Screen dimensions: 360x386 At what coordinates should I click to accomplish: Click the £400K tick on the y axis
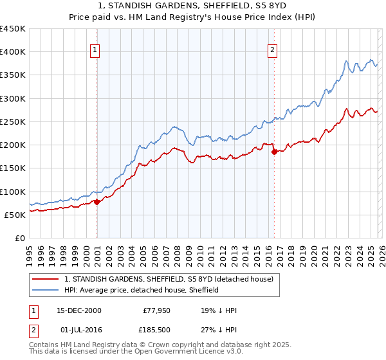(13, 52)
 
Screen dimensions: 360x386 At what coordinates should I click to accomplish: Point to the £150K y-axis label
(13, 168)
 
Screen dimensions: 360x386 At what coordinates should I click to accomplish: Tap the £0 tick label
(19, 238)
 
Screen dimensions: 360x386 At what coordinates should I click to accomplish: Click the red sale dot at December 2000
(97, 202)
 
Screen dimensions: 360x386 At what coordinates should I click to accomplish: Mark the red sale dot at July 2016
(274, 152)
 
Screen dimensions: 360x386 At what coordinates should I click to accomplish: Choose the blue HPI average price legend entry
(142, 290)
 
